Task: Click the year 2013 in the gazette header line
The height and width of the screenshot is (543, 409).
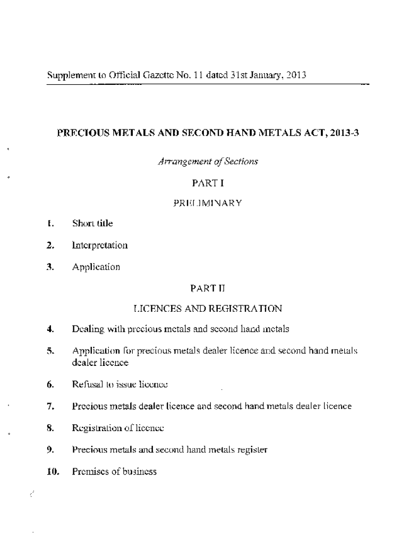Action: (295, 75)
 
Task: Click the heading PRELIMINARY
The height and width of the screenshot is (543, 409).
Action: (208, 203)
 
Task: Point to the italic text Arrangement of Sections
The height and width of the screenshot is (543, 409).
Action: (208, 162)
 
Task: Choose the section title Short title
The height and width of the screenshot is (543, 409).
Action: (92, 224)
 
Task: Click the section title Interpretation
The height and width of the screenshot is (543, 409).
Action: (100, 246)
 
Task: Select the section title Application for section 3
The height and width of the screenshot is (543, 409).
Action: (96, 267)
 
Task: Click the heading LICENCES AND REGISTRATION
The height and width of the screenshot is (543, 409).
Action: (208, 308)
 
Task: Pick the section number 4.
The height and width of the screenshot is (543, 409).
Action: (50, 329)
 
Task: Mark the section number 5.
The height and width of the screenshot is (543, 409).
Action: (50, 351)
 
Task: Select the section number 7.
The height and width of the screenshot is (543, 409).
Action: (50, 407)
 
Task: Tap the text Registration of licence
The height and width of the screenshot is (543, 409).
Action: (118, 428)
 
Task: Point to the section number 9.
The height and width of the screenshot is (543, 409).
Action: (50, 450)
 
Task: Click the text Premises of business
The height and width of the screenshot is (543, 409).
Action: (114, 471)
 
